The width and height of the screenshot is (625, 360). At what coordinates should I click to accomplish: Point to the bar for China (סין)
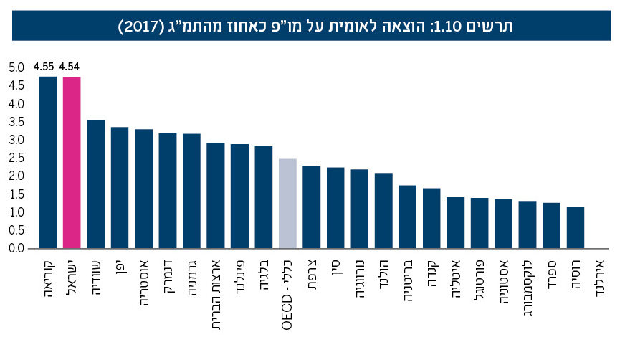[x=335, y=207]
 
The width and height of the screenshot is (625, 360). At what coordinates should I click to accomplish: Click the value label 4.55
[x=47, y=67]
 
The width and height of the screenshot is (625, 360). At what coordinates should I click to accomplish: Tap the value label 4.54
[x=71, y=67]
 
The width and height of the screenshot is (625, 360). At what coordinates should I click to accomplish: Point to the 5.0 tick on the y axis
[x=16, y=68]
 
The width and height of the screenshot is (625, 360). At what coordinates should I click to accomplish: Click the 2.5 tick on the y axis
[x=16, y=158]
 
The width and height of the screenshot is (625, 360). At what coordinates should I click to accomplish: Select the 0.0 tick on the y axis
[x=16, y=248]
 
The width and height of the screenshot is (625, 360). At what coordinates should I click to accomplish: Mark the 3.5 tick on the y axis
[x=16, y=122]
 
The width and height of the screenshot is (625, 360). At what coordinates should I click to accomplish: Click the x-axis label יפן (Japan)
[x=120, y=268]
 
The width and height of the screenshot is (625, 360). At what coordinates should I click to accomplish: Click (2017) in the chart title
[x=142, y=27]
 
